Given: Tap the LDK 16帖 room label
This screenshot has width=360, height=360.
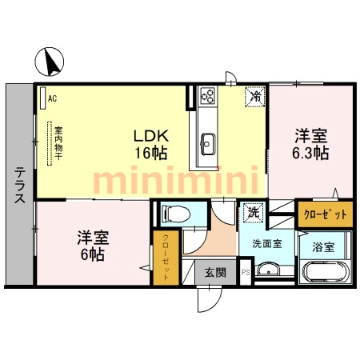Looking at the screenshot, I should (150, 143).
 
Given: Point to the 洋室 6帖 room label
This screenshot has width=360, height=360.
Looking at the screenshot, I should (91, 246).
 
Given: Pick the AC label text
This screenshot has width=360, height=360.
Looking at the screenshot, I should (52, 98).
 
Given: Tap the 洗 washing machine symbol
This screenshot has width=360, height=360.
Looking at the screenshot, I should (253, 213).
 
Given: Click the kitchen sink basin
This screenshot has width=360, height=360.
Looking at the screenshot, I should (206, 144).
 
